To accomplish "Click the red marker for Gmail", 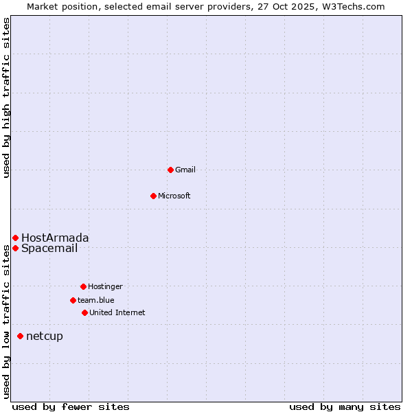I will pyautogui.click(x=170, y=170).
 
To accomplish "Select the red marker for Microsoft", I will pyautogui.click(x=153, y=196).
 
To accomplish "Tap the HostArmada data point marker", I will pyautogui.click(x=15, y=238).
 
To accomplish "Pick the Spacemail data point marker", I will pyautogui.click(x=15, y=248).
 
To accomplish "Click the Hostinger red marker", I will pyautogui.click(x=83, y=286).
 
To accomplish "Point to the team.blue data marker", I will pyautogui.click(x=73, y=300).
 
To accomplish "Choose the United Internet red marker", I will pyautogui.click(x=84, y=312).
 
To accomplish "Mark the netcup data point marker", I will pyautogui.click(x=20, y=336).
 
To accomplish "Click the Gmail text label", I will pyautogui.click(x=185, y=170).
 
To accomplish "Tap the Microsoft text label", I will pyautogui.click(x=174, y=196).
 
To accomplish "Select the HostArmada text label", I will pyautogui.click(x=55, y=238).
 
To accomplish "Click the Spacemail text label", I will pyautogui.click(x=49, y=248).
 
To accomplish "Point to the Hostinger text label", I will pyautogui.click(x=105, y=286).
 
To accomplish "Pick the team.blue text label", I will pyautogui.click(x=96, y=300).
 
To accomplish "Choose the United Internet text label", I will pyautogui.click(x=117, y=312).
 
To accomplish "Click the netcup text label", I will pyautogui.click(x=45, y=336).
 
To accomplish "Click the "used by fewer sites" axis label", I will pyautogui.click(x=71, y=407).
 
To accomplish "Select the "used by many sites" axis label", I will pyautogui.click(x=345, y=407).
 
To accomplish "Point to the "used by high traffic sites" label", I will pyautogui.click(x=6, y=98).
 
